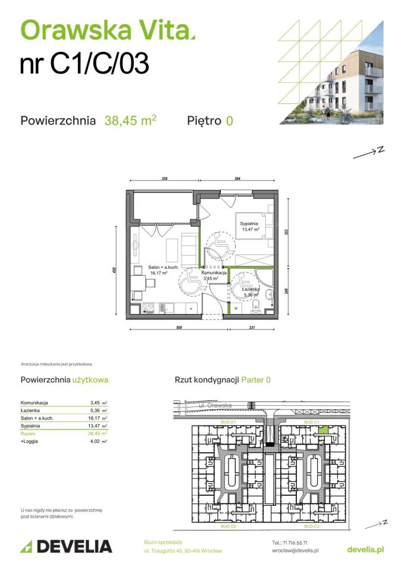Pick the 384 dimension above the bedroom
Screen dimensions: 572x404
[x=237, y=178]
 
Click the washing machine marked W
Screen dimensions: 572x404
[x=236, y=308]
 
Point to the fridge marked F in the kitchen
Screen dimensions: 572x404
[x=190, y=308]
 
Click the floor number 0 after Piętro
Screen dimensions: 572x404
[x=229, y=121]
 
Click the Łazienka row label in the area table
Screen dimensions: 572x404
[x=31, y=411]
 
